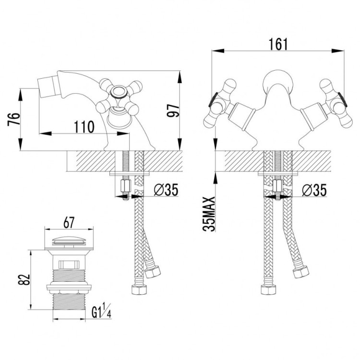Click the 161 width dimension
click(278, 44)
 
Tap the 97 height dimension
click(173, 111)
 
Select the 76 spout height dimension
click(14, 119)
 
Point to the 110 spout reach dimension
click(84, 127)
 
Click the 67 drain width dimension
click(69, 222)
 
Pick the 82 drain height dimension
click(24, 279)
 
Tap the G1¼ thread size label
click(101, 311)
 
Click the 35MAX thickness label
click(209, 214)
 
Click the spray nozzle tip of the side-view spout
click(46, 88)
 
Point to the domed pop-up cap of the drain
click(69, 240)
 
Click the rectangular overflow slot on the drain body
click(69, 264)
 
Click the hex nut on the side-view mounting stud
click(126, 186)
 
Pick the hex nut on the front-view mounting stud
click(278, 186)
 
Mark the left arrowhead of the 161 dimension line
click(217, 51)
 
